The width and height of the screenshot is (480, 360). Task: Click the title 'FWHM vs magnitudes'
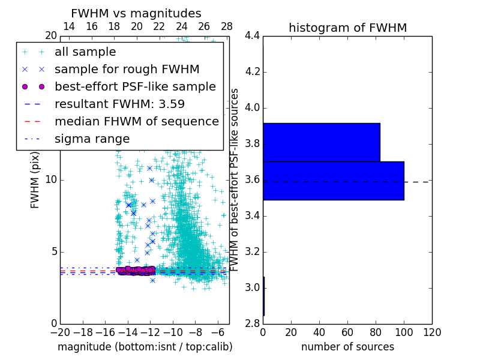(x=136, y=14)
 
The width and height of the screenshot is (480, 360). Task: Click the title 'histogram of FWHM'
(x=347, y=28)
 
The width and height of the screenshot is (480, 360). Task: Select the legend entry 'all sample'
(x=85, y=52)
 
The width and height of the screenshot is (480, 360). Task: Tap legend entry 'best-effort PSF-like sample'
(x=135, y=87)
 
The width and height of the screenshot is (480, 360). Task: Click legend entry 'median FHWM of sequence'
(x=136, y=122)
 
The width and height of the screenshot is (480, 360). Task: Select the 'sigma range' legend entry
(x=92, y=139)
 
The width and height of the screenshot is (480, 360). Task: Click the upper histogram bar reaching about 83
(x=321, y=142)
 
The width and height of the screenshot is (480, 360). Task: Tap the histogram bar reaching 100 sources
(x=333, y=181)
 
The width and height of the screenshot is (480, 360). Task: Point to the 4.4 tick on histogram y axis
(x=253, y=36)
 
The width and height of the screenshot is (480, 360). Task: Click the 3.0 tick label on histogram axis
(x=253, y=288)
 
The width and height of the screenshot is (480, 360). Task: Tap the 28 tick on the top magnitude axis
(x=227, y=26)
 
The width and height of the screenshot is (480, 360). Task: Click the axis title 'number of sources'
(x=347, y=347)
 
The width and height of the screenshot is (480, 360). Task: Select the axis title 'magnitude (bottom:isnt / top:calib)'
(x=145, y=347)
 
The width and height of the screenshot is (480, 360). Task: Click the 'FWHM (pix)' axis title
(x=35, y=180)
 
